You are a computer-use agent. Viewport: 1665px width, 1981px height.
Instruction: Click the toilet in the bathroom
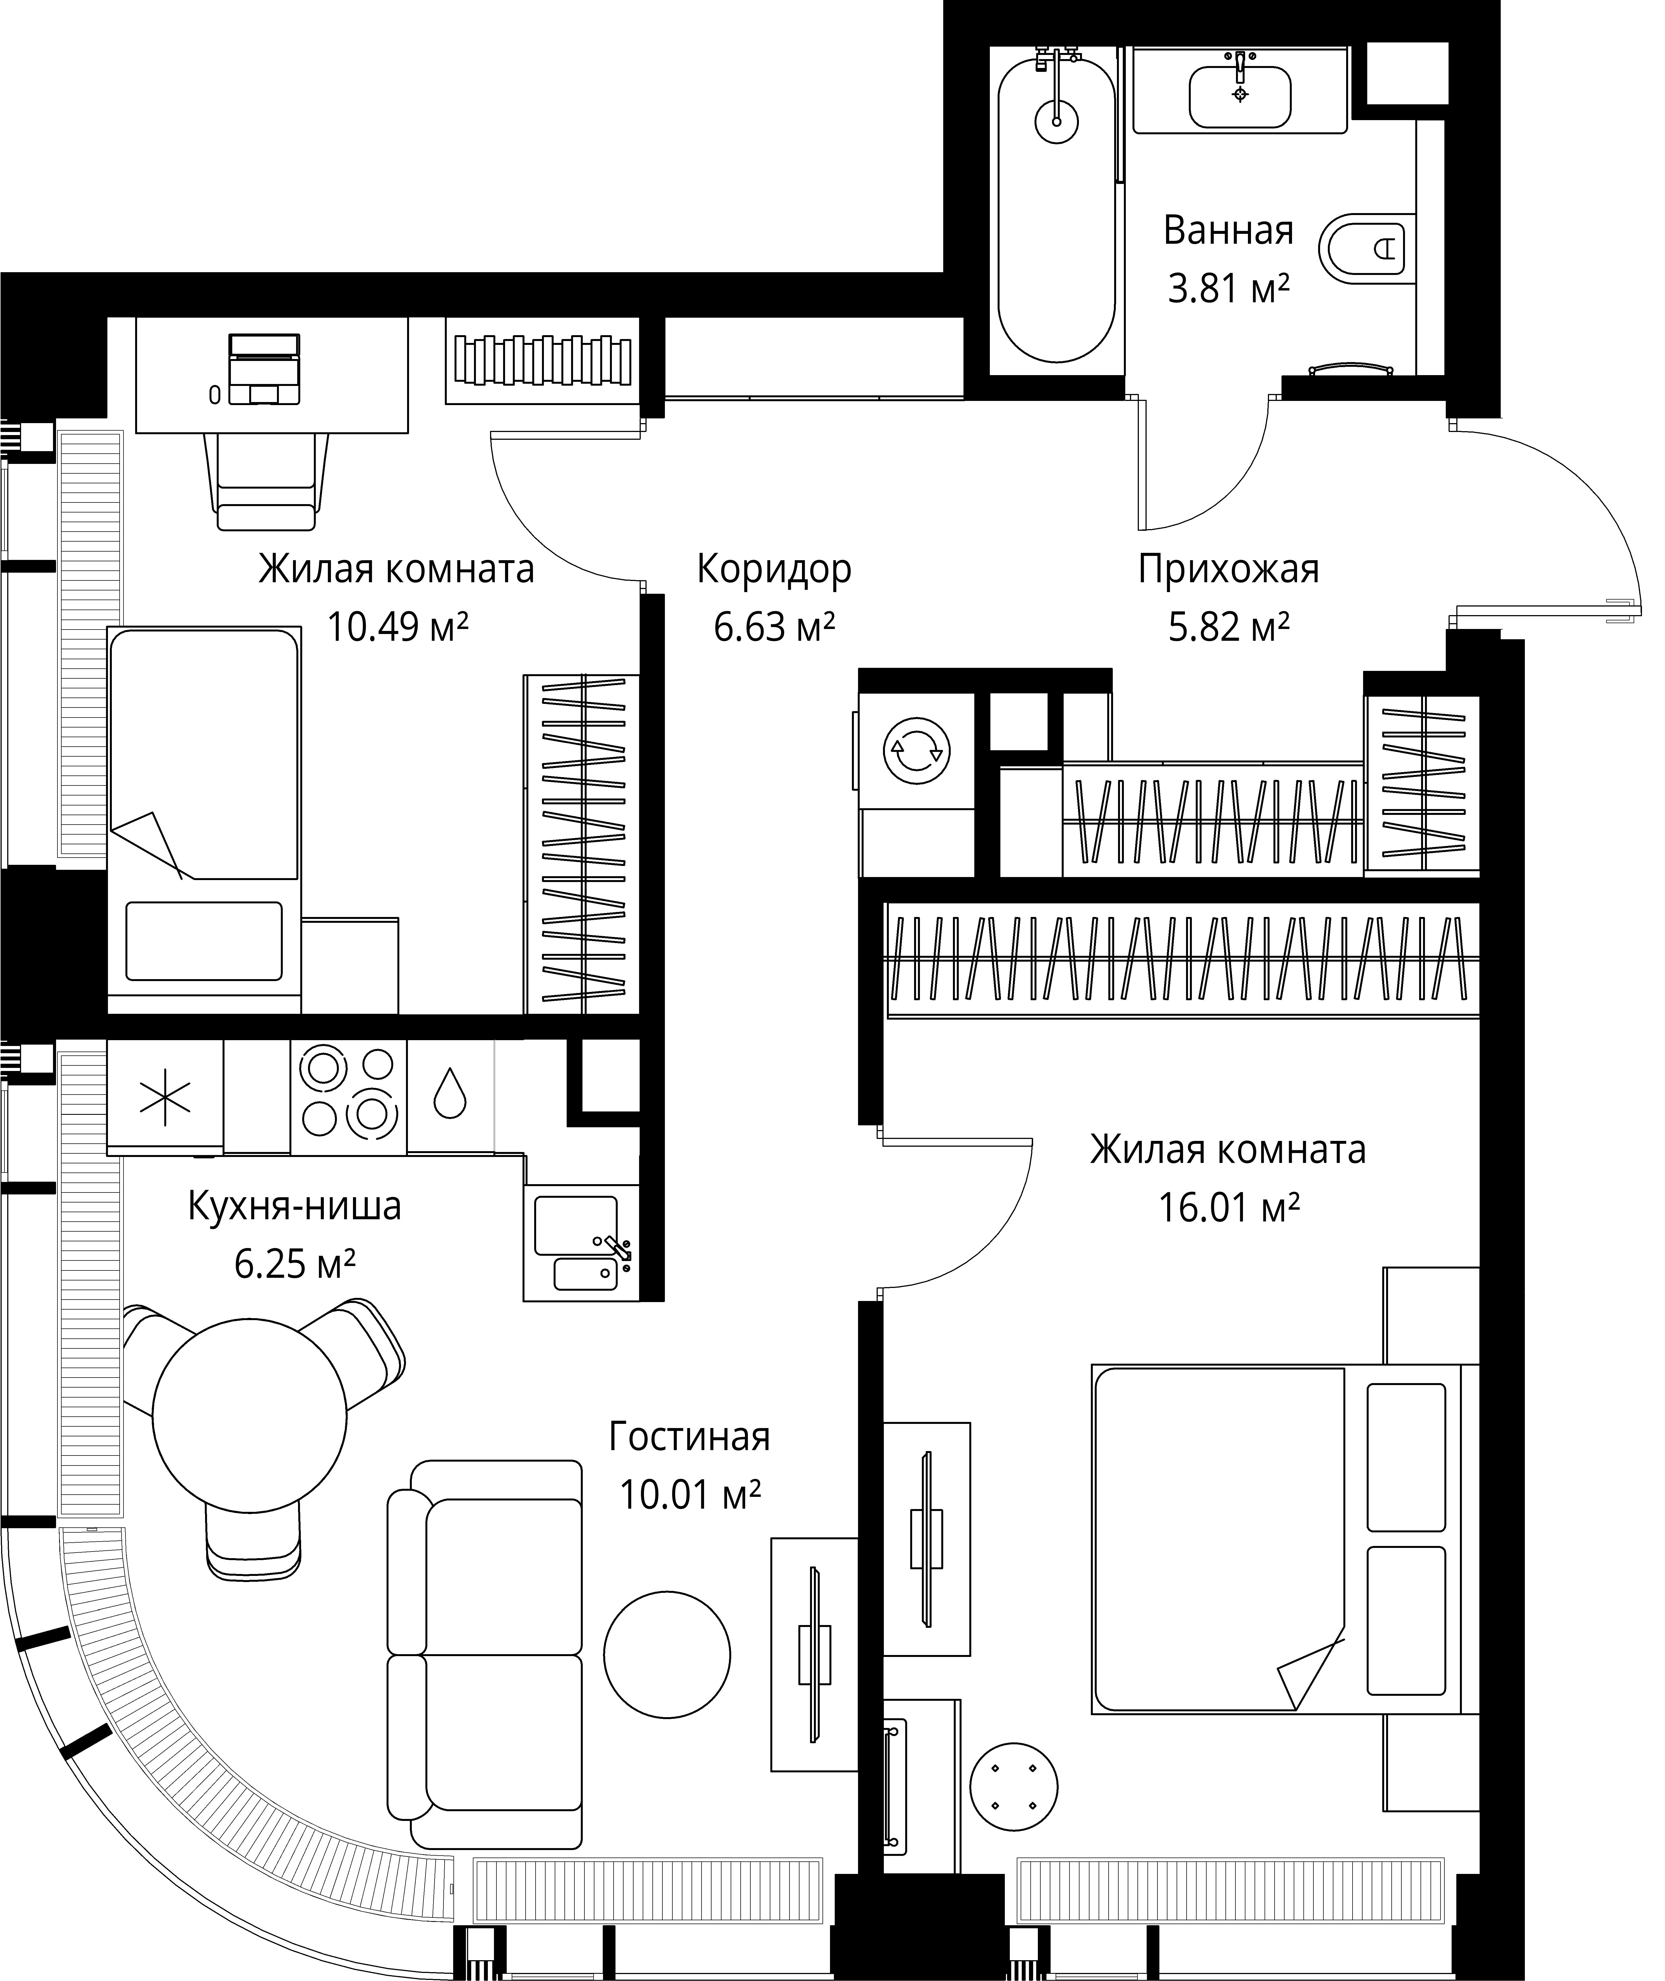tap(1366, 250)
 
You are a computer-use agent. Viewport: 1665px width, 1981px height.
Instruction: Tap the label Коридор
tap(774, 569)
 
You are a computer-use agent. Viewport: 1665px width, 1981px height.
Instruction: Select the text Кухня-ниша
tap(294, 1206)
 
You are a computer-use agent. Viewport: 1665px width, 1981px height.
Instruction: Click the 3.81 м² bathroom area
tap(1228, 288)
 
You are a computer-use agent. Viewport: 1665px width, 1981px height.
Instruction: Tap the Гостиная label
tap(689, 1436)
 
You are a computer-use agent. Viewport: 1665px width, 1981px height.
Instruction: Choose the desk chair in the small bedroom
tap(266, 481)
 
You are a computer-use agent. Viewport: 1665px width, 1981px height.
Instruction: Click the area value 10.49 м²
tap(397, 626)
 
